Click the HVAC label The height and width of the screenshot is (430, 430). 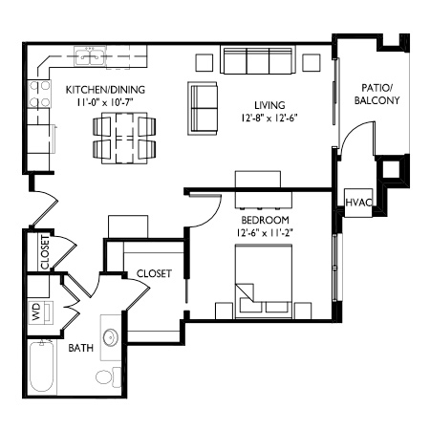[358, 203]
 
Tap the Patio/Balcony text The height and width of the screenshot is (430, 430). [376, 94]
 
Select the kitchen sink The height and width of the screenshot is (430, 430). [90, 56]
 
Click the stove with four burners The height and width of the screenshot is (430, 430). [39, 94]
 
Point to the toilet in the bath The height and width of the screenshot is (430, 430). [108, 377]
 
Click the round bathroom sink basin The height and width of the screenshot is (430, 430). [111, 337]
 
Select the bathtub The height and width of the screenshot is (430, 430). [42, 367]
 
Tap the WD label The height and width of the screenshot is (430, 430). [36, 312]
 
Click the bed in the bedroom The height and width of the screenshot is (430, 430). [264, 282]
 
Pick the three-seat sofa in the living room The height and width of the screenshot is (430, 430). [258, 60]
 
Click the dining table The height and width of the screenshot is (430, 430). [124, 138]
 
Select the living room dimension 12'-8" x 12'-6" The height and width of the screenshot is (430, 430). [269, 118]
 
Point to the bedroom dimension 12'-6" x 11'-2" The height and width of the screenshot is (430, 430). [265, 233]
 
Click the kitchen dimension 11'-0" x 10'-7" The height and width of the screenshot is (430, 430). [105, 102]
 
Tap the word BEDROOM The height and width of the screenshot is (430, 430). [266, 220]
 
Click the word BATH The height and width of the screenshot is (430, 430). [81, 348]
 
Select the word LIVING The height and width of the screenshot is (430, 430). [269, 105]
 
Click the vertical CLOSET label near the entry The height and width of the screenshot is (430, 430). [45, 252]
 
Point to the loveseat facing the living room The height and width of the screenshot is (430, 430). [203, 108]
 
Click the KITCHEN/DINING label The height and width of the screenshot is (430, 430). [105, 90]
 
